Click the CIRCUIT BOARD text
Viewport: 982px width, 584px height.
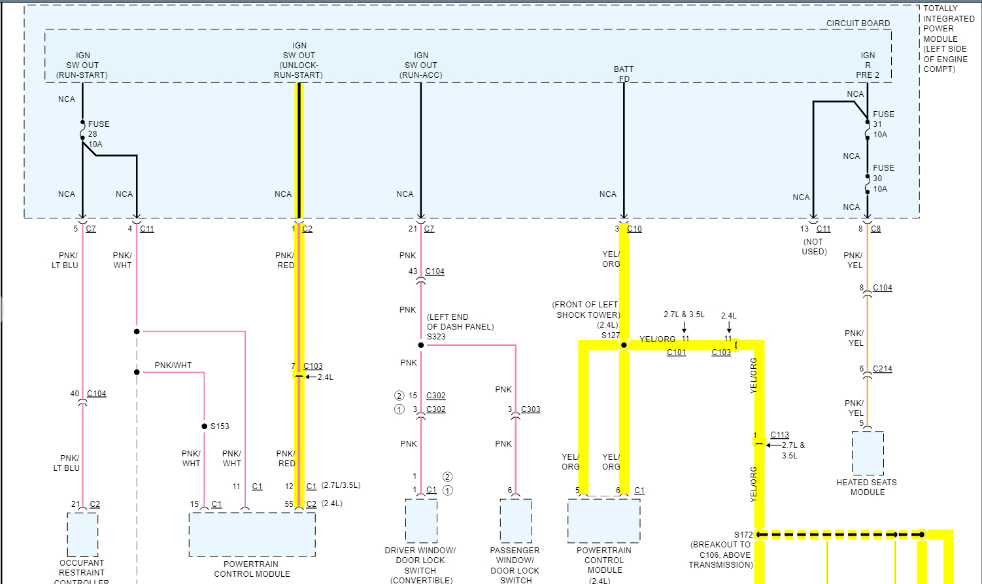click(x=858, y=24)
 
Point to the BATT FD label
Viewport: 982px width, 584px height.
click(x=624, y=74)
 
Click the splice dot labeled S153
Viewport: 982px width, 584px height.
click(x=205, y=426)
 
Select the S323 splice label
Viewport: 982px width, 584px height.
click(x=436, y=337)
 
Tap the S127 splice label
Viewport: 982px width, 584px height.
click(x=610, y=335)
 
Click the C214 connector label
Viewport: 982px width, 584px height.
click(x=883, y=369)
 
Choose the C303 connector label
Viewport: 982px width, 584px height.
click(x=530, y=409)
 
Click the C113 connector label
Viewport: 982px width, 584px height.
click(x=779, y=435)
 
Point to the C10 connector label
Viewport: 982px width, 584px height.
click(x=634, y=229)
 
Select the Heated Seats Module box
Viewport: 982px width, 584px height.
click(x=868, y=453)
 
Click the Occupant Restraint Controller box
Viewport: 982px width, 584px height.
click(x=82, y=534)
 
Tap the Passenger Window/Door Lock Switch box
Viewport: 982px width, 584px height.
click(x=516, y=521)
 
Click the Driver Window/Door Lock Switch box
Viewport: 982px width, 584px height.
click(x=421, y=521)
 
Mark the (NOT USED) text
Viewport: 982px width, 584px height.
click(x=814, y=247)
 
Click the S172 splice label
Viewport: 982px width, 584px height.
click(x=743, y=535)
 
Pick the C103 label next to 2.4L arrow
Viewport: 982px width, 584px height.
click(x=721, y=352)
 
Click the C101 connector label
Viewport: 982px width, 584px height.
click(x=676, y=352)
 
